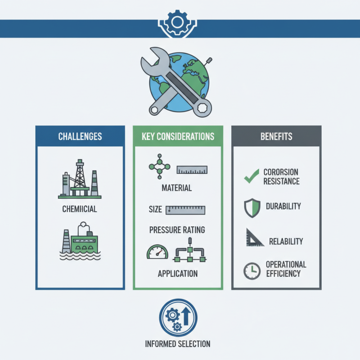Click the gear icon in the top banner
pyautogui.click(x=177, y=22)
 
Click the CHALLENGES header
pyautogui.click(x=80, y=136)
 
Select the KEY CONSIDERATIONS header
pyautogui.click(x=178, y=136)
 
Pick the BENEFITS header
pyautogui.click(x=276, y=136)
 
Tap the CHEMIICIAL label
pyautogui.click(x=80, y=209)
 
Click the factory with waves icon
pyautogui.click(x=80, y=241)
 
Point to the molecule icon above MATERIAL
pyautogui.click(x=160, y=166)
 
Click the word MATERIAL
pyautogui.click(x=177, y=188)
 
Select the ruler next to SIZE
pyautogui.click(x=185, y=210)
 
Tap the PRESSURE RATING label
pyautogui.click(x=177, y=230)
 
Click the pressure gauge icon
pyautogui.click(x=157, y=252)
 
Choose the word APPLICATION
pyautogui.click(x=178, y=274)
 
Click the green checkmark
pyautogui.click(x=252, y=176)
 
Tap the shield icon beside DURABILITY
pyautogui.click(x=252, y=208)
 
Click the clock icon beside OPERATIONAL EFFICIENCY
pyautogui.click(x=252, y=271)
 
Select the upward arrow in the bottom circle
pyautogui.click(x=186, y=316)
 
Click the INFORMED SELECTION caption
pyautogui.click(x=178, y=344)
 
